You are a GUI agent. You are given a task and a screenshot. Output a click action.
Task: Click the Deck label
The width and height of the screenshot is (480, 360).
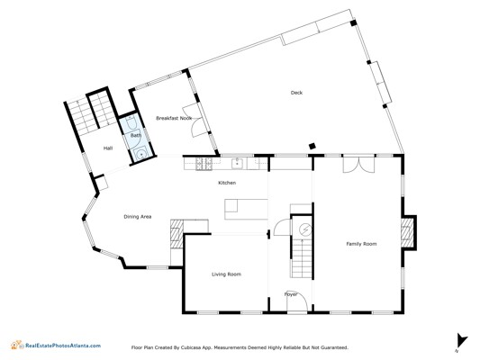(296, 93)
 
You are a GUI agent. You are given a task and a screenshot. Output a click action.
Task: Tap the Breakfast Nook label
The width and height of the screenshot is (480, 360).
(174, 118)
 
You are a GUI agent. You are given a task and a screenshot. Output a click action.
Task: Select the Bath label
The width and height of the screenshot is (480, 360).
(136, 135)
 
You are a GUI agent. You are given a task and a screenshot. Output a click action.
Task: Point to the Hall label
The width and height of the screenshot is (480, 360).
(108, 148)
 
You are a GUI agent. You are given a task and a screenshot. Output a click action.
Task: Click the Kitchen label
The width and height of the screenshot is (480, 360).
(227, 183)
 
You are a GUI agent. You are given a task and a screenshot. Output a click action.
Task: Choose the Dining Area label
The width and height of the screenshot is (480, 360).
(138, 217)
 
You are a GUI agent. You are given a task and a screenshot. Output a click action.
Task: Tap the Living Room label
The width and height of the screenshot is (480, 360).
(226, 274)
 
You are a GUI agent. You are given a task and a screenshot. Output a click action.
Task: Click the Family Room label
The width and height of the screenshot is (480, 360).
(361, 244)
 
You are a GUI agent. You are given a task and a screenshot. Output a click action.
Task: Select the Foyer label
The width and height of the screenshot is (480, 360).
(291, 294)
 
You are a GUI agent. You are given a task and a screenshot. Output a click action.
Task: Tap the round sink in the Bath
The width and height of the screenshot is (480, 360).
(141, 154)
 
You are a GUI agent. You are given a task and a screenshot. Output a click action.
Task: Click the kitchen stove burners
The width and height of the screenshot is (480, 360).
(204, 164)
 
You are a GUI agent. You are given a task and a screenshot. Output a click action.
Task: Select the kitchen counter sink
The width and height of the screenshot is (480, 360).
(237, 163)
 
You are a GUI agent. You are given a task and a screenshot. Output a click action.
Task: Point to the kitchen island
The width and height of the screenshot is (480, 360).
(246, 209)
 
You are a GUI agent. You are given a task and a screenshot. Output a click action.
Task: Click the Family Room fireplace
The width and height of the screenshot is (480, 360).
(408, 232)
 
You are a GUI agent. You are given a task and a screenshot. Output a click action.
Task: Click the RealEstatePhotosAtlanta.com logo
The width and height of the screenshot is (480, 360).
(56, 346)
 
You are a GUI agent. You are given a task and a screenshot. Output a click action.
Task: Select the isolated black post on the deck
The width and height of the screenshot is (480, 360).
(312, 146)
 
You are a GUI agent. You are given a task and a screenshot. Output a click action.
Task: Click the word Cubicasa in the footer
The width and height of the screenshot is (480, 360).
(190, 347)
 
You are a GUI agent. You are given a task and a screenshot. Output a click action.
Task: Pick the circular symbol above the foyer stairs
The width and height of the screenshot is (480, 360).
(304, 229)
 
